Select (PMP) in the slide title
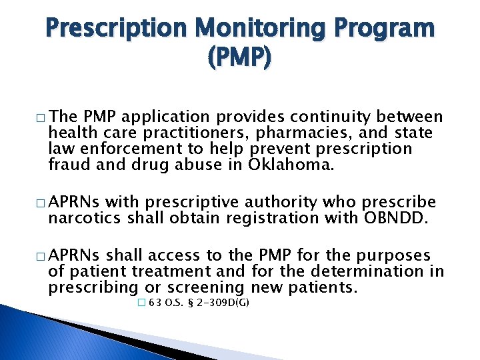(x=240, y=59)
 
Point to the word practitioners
(x=179, y=133)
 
